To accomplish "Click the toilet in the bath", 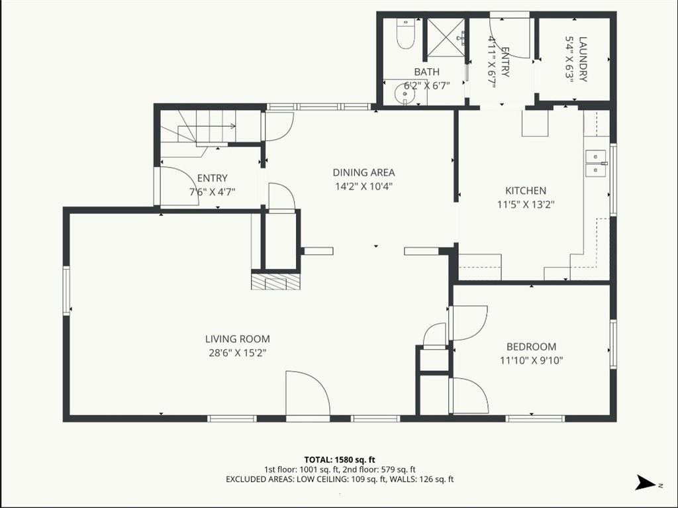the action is pyautogui.click(x=406, y=34).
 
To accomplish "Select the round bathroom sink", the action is pyautogui.click(x=405, y=92).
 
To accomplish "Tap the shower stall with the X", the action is pyautogui.click(x=446, y=38).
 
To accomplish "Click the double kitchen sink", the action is pyautogui.click(x=596, y=164).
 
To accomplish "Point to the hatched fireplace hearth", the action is pyautogui.click(x=275, y=281).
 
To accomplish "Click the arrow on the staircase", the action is pyautogui.click(x=207, y=127).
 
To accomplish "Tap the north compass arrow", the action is pyautogui.click(x=646, y=482).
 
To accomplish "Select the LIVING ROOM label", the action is pyautogui.click(x=238, y=339).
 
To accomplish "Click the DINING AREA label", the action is pyautogui.click(x=363, y=173).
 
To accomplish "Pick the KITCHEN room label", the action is pyautogui.click(x=526, y=190).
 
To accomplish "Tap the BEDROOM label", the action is pyautogui.click(x=532, y=346).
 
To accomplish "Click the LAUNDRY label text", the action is pyautogui.click(x=583, y=60).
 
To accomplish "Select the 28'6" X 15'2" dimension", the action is pyautogui.click(x=238, y=352).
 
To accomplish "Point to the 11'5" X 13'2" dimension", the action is pyautogui.click(x=526, y=204).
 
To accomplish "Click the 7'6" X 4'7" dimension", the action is pyautogui.click(x=213, y=191).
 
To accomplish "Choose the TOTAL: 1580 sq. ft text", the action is pyautogui.click(x=340, y=460).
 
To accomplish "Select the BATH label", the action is pyautogui.click(x=427, y=72).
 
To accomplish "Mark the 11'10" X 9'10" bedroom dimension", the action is pyautogui.click(x=532, y=360).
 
